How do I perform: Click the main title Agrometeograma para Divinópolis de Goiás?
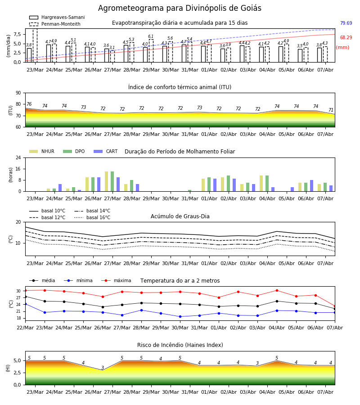click(x=180, y=8)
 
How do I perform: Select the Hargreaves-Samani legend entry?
click(x=57, y=17)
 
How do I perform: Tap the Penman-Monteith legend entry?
click(x=55, y=24)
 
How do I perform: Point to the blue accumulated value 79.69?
click(x=346, y=23)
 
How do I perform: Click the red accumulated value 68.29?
click(x=346, y=37)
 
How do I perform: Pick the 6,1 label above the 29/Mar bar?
click(x=151, y=36)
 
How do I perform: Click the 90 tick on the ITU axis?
click(x=18, y=93)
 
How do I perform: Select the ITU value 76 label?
click(x=29, y=104)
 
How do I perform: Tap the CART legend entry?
click(x=105, y=151)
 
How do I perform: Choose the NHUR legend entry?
click(x=42, y=151)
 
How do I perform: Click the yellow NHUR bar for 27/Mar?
click(x=106, y=181)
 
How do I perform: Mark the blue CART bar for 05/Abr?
click(x=292, y=189)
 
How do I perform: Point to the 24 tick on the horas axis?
click(x=18, y=158)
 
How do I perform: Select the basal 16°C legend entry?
click(x=92, y=217)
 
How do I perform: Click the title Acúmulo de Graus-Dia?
click(x=180, y=216)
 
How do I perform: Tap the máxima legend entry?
click(x=116, y=280)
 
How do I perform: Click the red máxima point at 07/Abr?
click(x=335, y=306)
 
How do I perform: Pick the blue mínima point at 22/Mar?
click(x=25, y=304)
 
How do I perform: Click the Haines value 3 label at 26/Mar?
click(x=103, y=368)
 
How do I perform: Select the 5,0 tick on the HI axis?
click(x=17, y=361)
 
